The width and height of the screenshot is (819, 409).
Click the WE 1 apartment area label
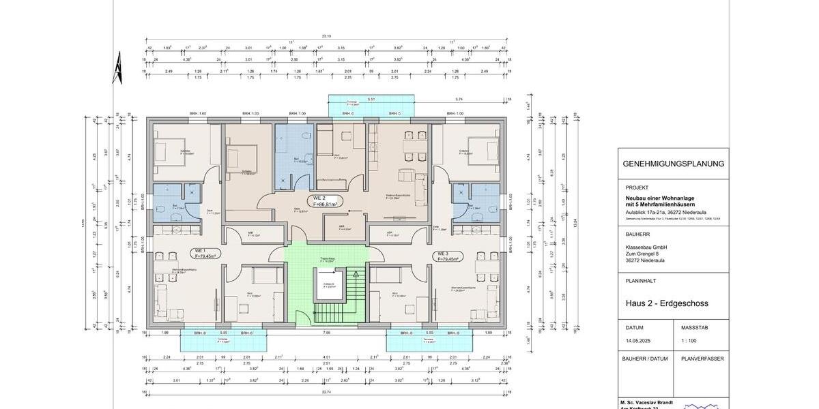(x=205, y=253)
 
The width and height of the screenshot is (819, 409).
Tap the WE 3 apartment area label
(x=447, y=256)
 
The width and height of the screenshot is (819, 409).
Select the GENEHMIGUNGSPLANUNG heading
(x=673, y=164)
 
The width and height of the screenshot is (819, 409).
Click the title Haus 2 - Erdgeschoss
(x=666, y=303)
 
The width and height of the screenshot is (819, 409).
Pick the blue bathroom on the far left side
(x=173, y=202)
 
